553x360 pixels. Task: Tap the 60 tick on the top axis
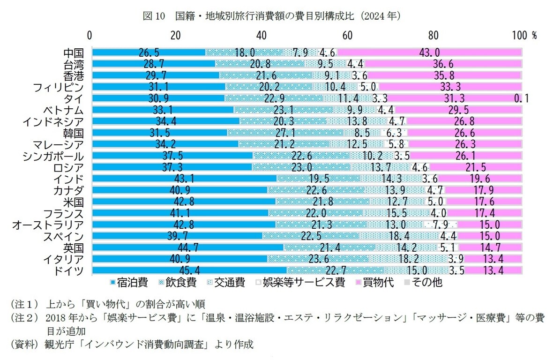pos(347,36)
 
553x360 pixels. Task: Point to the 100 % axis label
pos(525,36)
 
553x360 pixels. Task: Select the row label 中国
pos(73,52)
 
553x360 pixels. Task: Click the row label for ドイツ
pos(69,270)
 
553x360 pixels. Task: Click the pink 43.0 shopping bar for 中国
pos(429,52)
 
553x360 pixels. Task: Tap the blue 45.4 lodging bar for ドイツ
pos(189,270)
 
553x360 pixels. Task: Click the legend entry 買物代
pos(375,282)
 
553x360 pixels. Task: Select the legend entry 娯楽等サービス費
pos(299,282)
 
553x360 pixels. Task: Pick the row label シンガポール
pos(53,156)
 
